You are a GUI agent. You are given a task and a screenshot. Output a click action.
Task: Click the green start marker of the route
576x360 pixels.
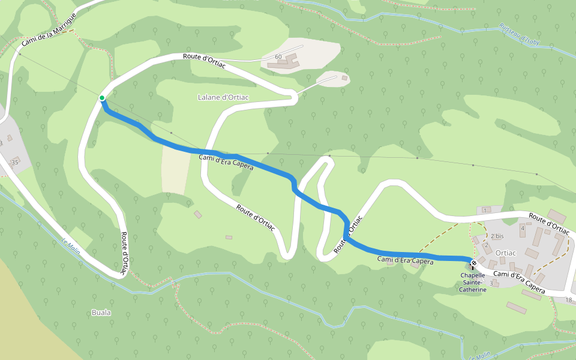(x=102, y=98)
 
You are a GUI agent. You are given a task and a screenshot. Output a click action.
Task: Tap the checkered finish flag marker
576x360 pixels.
(x=474, y=263)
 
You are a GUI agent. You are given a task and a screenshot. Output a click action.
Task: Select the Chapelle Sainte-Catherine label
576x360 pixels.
(x=473, y=283)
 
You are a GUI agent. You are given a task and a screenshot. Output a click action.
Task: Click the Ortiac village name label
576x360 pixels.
(x=506, y=253)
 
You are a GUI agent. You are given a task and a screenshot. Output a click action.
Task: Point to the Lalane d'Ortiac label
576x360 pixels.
(x=223, y=97)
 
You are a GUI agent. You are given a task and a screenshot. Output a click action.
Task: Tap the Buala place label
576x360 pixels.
(x=101, y=313)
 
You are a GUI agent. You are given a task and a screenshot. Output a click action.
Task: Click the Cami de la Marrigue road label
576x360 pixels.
(x=49, y=29)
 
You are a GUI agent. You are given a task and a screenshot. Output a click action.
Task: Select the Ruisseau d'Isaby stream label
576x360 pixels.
(x=520, y=34)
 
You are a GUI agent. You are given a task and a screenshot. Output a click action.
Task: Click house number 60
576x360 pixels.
(x=278, y=57)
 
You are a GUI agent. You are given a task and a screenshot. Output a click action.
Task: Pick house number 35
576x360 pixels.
(x=15, y=162)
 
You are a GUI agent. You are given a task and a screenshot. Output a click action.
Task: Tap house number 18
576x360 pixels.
(x=569, y=299)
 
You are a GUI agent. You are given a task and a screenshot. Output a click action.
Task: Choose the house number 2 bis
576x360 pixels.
(x=496, y=236)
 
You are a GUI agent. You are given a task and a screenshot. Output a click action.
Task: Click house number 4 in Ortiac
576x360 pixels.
(x=522, y=228)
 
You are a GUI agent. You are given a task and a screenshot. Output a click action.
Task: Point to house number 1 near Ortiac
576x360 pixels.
(x=485, y=209)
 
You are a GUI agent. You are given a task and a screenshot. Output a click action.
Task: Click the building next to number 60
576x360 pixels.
(x=291, y=60)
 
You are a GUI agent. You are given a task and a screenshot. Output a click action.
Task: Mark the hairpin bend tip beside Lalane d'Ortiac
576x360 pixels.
(x=294, y=99)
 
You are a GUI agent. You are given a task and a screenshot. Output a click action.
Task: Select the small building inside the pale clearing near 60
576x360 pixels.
(x=344, y=77)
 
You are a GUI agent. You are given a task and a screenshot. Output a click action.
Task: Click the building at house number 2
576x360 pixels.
(x=487, y=247)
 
